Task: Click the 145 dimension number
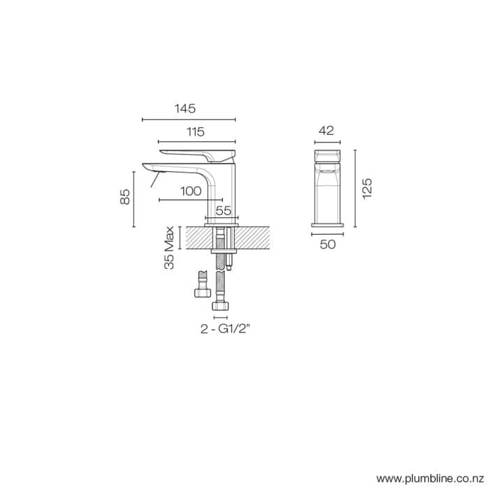pyautogui.click(x=185, y=109)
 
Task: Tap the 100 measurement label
pyautogui.click(x=191, y=190)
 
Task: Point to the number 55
pyautogui.click(x=223, y=210)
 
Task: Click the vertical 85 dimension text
pyautogui.click(x=126, y=197)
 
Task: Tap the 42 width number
pyautogui.click(x=326, y=130)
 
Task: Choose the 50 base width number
pyautogui.click(x=328, y=244)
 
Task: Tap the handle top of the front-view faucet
pyautogui.click(x=327, y=150)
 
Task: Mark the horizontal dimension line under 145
pyautogui.click(x=189, y=120)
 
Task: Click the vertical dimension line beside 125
pyautogui.click(x=356, y=189)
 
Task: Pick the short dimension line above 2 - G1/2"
pyautogui.click(x=221, y=317)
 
